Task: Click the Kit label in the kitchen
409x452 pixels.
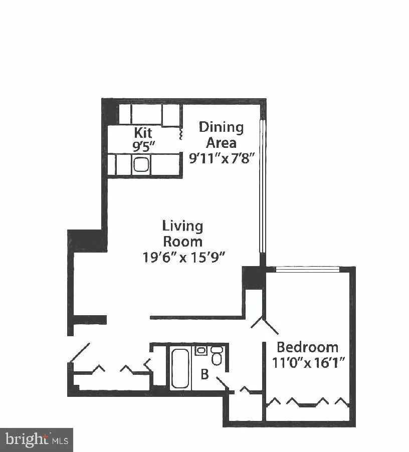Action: pos(143,133)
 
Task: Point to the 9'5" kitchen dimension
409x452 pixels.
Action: pos(143,147)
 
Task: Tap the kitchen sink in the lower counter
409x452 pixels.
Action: pos(140,164)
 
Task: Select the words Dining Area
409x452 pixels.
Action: pos(221,134)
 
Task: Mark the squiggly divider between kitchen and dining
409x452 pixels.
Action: pos(180,134)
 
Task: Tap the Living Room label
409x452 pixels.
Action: pos(182,234)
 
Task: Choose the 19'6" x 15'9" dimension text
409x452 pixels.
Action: pos(182,257)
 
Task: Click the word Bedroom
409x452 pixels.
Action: pos(307,347)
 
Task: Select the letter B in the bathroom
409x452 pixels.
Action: pos(204,374)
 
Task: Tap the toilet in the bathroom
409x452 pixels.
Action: pos(217,356)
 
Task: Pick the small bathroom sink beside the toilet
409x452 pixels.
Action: pos(201,350)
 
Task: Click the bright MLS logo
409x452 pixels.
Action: pos(37,440)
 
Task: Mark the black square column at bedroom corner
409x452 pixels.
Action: pos(253,277)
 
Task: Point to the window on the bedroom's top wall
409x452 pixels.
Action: pos(308,269)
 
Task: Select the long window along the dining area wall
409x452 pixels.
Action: pos(261,185)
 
